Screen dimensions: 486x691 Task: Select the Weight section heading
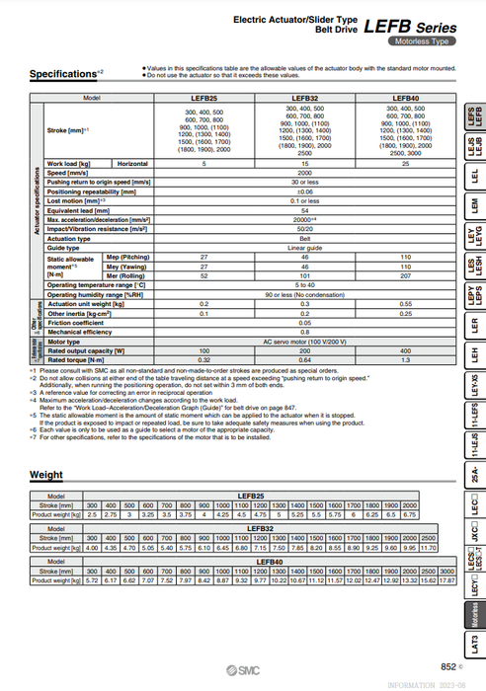point(46,475)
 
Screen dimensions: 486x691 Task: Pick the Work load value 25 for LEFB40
point(404,162)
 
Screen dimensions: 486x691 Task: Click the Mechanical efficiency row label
point(80,332)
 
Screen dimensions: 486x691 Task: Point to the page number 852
point(449,666)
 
